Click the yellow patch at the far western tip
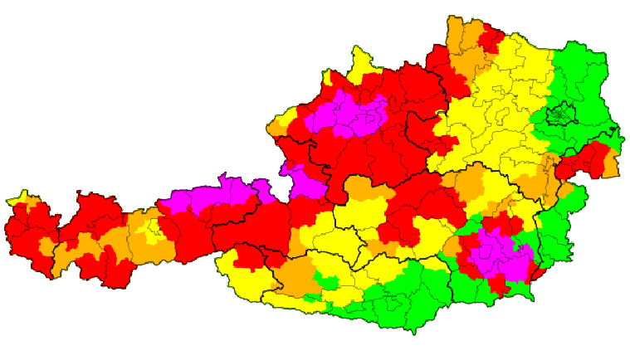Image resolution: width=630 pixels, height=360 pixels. pos(17,199)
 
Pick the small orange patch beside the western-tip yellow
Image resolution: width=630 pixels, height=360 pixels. pos(31,201)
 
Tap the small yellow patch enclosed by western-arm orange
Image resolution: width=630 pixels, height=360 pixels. pos(154,228)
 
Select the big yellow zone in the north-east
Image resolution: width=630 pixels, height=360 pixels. pos(498,108)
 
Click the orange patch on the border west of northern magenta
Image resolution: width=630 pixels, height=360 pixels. pos(278,128)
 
